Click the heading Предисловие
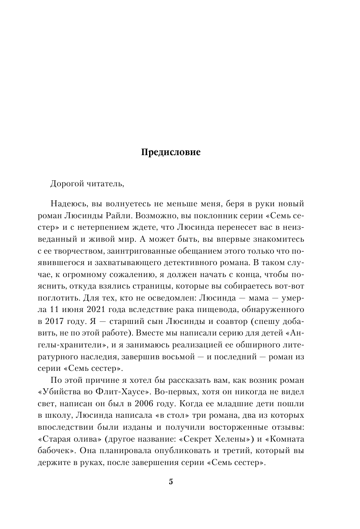[x=170, y=152]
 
